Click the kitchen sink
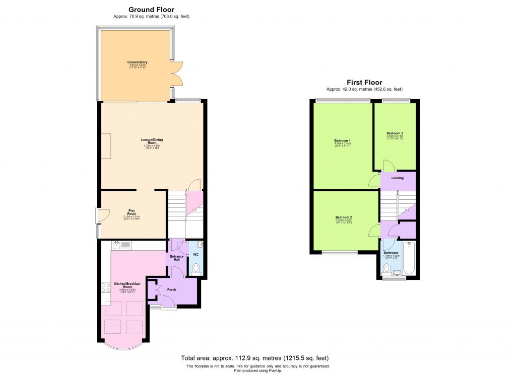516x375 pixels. tap(116, 245)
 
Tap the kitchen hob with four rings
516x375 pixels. tap(106, 287)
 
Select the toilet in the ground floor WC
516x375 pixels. tap(197, 268)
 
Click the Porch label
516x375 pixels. tap(172, 290)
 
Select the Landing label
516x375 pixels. tap(398, 178)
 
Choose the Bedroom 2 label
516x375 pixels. tap(344, 217)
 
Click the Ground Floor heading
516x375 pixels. tap(152, 10)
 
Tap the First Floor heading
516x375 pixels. tap(364, 83)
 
